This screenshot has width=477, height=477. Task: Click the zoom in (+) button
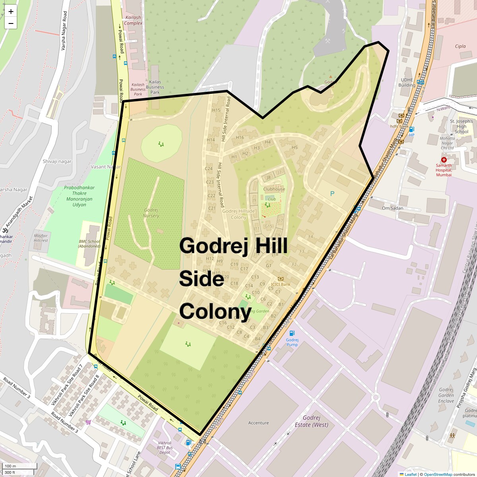click(x=11, y=12)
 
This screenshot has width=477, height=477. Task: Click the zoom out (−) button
click(x=11, y=23)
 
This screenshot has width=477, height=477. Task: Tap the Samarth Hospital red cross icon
click(x=444, y=159)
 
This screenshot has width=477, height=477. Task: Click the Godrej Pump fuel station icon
click(x=292, y=333)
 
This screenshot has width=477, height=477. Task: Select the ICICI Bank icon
click(x=281, y=279)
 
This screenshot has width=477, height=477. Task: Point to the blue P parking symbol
click(x=332, y=194)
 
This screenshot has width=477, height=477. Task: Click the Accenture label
click(x=258, y=423)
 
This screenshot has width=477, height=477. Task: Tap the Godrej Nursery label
click(x=151, y=213)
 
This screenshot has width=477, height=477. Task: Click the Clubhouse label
click(x=274, y=189)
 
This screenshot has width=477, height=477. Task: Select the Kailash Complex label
click(x=133, y=20)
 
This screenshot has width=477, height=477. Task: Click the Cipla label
click(x=460, y=46)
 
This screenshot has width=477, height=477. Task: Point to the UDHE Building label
click(x=407, y=82)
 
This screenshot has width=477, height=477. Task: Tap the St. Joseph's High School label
click(x=461, y=126)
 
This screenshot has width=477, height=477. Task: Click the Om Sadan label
click(x=392, y=208)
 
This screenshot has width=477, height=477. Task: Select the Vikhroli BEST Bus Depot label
click(x=165, y=448)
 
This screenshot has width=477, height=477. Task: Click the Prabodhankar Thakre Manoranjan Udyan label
click(x=79, y=196)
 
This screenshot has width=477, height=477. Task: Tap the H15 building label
click(x=216, y=110)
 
